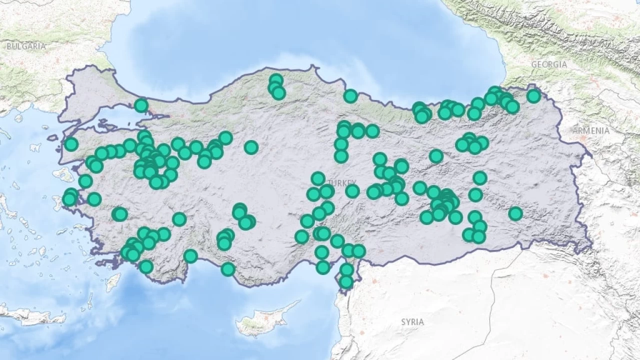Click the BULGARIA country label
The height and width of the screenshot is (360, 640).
26,46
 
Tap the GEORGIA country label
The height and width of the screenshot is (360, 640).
549,64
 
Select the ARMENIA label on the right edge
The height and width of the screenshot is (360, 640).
591,130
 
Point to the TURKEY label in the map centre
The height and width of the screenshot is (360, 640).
342,182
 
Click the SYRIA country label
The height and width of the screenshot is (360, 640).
412,322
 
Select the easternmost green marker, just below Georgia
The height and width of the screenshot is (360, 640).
533,95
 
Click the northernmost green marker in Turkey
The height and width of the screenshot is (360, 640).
276,80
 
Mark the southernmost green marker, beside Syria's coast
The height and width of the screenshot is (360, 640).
346,281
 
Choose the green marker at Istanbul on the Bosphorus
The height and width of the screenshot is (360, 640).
141,105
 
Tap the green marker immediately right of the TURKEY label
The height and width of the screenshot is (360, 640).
352,190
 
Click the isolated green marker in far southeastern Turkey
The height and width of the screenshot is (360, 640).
515,213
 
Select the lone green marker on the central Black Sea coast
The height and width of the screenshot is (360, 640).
350,96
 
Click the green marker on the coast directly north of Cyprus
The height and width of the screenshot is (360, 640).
228,269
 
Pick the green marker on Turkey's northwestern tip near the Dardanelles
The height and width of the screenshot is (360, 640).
71,144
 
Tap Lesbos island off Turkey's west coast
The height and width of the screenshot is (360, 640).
63,174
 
